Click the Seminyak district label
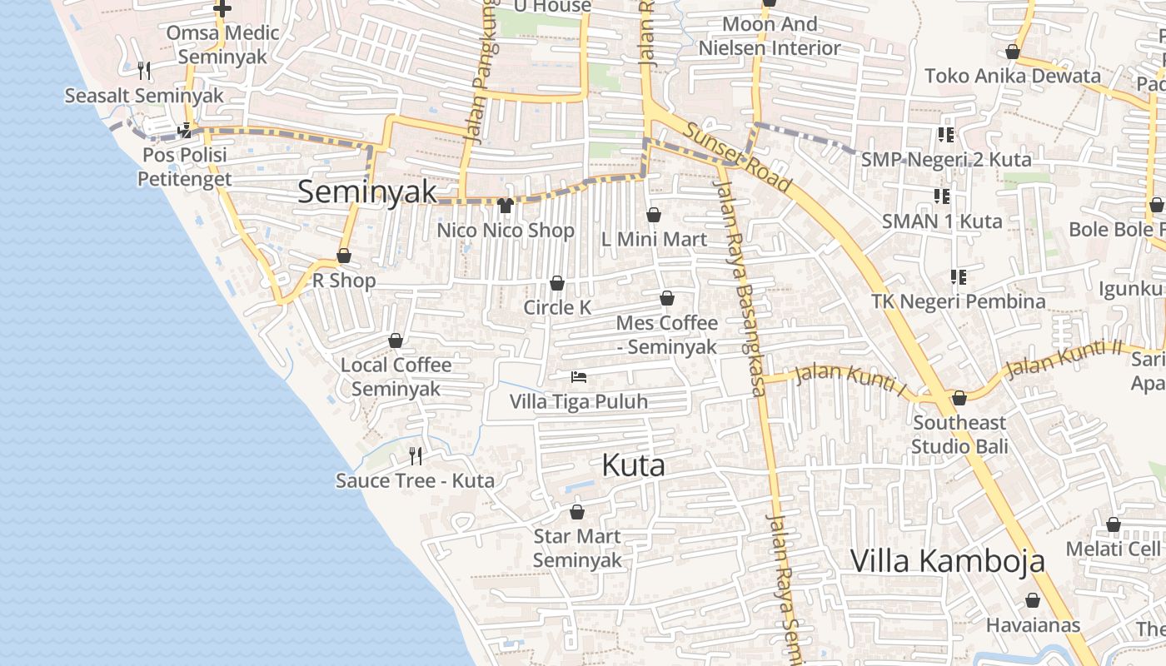tap(366, 192)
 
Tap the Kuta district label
tap(633, 465)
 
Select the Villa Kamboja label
tap(947, 560)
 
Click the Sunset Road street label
tap(738, 157)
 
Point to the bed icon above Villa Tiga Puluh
tap(579, 377)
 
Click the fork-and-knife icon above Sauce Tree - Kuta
tap(416, 455)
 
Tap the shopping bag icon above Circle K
tap(557, 284)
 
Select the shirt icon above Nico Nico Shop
tap(506, 206)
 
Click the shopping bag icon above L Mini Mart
tap(654, 216)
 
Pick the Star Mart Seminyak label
tap(577, 548)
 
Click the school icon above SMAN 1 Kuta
tap(942, 196)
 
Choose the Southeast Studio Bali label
tap(959, 434)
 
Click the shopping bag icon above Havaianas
tap(1033, 600)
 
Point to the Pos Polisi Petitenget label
tap(185, 166)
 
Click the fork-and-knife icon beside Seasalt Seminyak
tap(145, 71)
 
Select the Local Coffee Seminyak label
tap(396, 376)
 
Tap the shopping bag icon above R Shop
tap(344, 256)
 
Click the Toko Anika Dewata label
tap(1013, 76)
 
